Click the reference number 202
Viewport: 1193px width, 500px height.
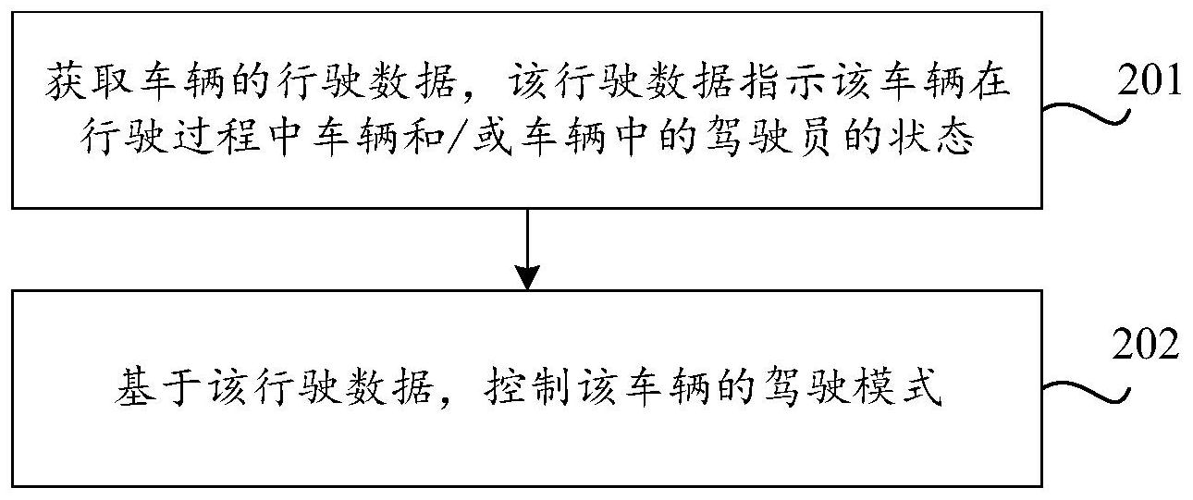coord(1146,345)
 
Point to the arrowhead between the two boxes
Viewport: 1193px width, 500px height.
coord(527,277)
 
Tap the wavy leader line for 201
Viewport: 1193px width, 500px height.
coord(1087,114)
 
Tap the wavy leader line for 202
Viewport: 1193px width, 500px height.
coord(1087,393)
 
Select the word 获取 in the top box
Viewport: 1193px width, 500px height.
coord(89,83)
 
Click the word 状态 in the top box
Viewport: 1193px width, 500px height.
coord(931,138)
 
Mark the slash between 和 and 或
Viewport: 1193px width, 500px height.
coord(458,138)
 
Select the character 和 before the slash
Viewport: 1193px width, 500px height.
coord(424,138)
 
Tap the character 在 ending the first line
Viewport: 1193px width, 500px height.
coord(990,83)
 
